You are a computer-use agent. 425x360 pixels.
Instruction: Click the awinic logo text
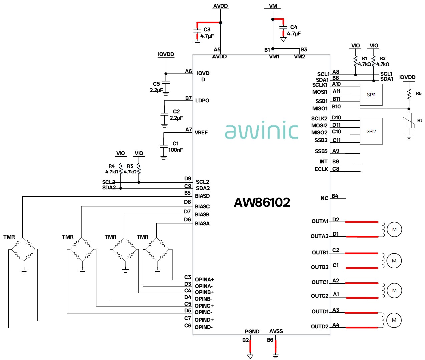[261, 130]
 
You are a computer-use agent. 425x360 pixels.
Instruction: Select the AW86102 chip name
[262, 202]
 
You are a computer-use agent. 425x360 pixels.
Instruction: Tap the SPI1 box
[371, 95]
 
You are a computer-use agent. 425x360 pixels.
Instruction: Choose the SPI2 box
[371, 131]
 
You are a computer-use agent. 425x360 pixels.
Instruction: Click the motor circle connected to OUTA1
[394, 229]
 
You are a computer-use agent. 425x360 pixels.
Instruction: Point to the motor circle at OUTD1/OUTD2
[394, 320]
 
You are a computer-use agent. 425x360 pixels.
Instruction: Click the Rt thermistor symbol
[409, 121]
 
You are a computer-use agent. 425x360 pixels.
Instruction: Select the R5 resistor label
[419, 93]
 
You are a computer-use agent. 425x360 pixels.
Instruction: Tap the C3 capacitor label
[207, 30]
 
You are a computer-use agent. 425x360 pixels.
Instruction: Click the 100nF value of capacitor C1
[175, 150]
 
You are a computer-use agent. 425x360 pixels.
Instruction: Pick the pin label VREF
[201, 133]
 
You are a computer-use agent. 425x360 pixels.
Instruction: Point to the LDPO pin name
[202, 100]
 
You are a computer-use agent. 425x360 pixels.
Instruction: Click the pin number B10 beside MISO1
[336, 106]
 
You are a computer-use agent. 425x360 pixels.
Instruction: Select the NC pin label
[324, 198]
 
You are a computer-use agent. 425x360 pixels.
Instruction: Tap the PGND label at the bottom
[252, 331]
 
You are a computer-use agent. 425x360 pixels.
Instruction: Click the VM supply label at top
[273, 6]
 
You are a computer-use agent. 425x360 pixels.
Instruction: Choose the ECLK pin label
[321, 169]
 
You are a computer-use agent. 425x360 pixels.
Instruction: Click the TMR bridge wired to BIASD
[24, 249]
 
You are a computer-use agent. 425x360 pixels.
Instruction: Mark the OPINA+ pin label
[204, 279]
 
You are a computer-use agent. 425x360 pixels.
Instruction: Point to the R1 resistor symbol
[355, 61]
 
